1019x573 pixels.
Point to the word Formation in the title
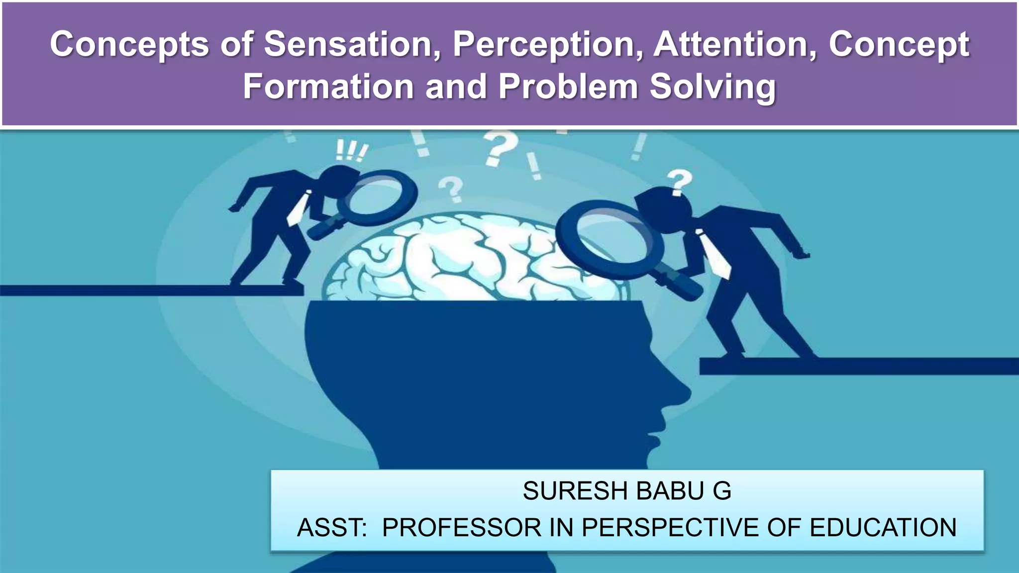(328, 87)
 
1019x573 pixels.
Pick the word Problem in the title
(568, 87)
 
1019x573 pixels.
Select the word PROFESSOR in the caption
(461, 528)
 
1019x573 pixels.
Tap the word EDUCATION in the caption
(883, 528)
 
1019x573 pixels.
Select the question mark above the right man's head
(680, 182)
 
